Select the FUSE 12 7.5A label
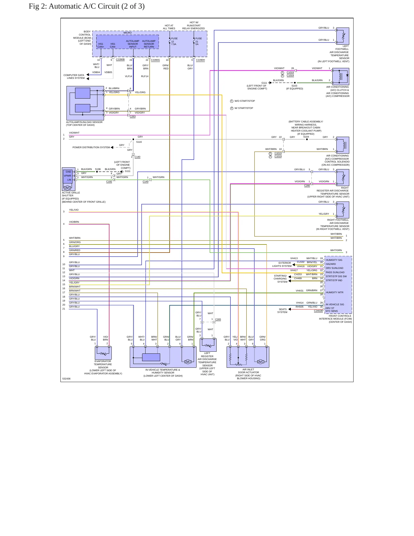(x=174, y=41)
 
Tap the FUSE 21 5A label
(x=199, y=41)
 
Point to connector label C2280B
(x=120, y=60)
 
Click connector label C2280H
(x=201, y=60)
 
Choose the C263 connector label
(x=133, y=117)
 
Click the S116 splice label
(x=139, y=142)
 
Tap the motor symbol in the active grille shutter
(x=67, y=188)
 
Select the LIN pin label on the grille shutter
(x=69, y=180)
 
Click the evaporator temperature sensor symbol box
(x=103, y=353)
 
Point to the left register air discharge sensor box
(x=208, y=345)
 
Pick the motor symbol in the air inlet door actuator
(x=260, y=362)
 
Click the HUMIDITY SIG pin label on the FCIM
(x=334, y=260)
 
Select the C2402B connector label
(x=318, y=311)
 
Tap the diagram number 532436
(x=66, y=379)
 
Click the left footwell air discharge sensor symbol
(x=343, y=36)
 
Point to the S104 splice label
(x=306, y=137)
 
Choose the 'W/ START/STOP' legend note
(x=244, y=108)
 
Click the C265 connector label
(x=218, y=319)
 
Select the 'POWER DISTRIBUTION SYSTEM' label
(x=91, y=147)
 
